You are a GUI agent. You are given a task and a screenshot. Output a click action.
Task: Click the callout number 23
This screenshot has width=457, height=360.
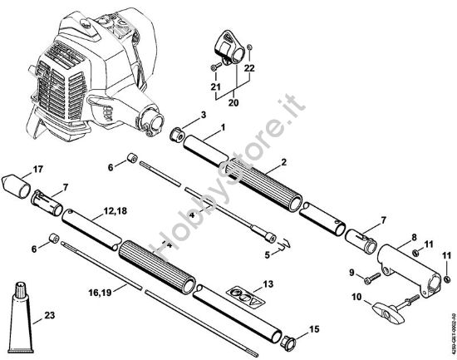(x=51, y=315)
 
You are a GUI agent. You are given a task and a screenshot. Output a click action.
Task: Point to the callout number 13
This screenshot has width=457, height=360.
(x=266, y=284)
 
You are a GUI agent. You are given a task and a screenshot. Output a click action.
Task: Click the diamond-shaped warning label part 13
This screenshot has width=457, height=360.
(x=242, y=295)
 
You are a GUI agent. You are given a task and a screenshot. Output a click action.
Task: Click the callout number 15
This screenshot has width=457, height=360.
(x=314, y=331)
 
